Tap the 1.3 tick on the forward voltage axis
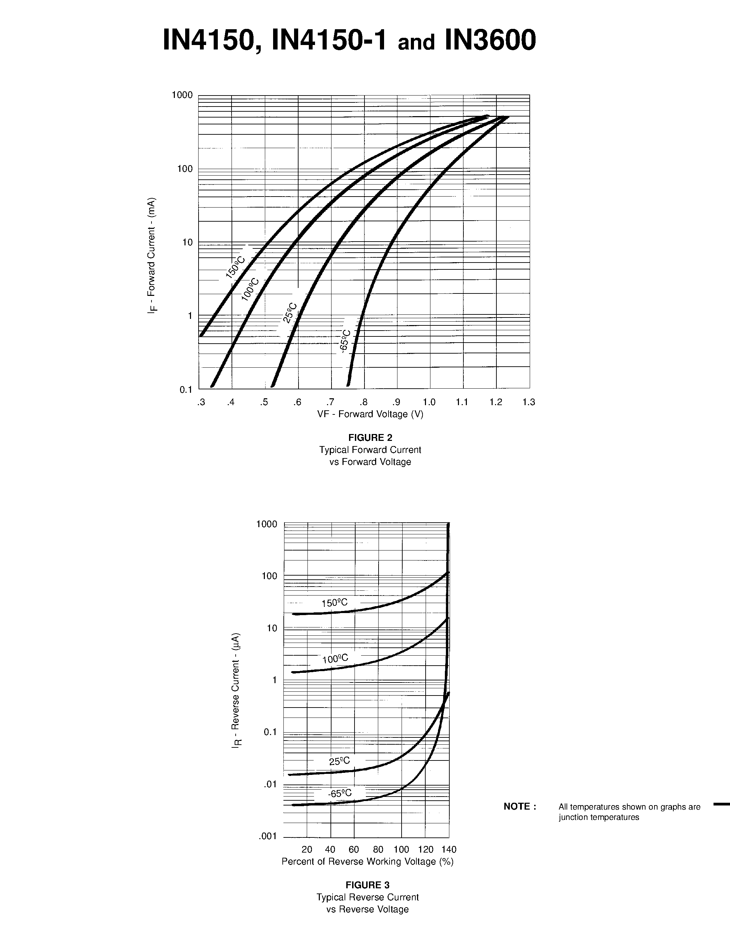point(528,402)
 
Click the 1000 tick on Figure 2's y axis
point(182,95)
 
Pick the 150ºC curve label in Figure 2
point(236,267)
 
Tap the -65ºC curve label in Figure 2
point(345,341)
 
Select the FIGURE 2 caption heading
point(370,437)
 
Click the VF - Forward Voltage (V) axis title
point(370,414)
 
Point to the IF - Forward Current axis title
point(152,255)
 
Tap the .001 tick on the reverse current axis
point(268,836)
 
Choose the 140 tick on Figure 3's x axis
point(449,849)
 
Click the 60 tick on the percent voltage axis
point(354,849)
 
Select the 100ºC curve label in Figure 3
point(335,659)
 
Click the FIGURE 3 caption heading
point(368,885)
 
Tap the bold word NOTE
point(520,807)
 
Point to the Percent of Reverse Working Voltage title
point(368,861)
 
